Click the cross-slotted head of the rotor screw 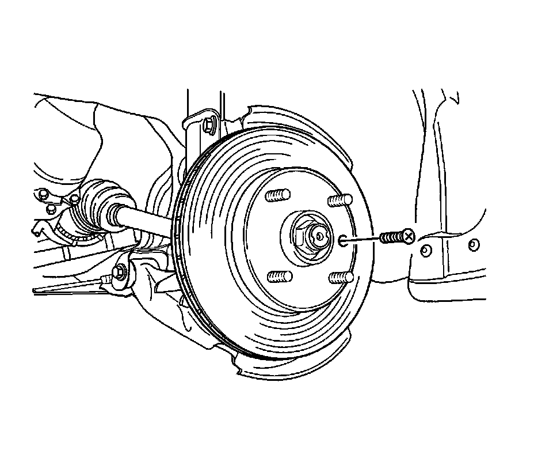tap(407, 236)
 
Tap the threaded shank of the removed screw tap(391, 237)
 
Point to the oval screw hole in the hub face tap(343, 240)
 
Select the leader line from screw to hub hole tap(363, 239)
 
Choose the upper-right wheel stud tap(339, 201)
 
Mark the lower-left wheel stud tap(279, 277)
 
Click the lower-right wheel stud tap(340, 278)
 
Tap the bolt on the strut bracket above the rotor tap(209, 123)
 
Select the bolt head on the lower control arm tap(120, 271)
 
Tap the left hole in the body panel tap(426, 251)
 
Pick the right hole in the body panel tap(473, 245)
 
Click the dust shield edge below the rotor tap(288, 369)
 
